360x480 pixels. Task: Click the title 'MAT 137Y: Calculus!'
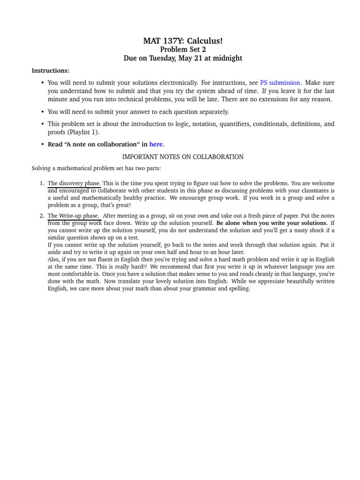point(183,41)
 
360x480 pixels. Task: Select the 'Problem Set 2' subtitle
point(183,50)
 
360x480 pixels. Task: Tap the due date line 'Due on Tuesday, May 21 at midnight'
point(183,59)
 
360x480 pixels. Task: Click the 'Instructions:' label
point(51,71)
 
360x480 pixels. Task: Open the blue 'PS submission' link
point(280,83)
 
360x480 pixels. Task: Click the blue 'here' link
point(156,144)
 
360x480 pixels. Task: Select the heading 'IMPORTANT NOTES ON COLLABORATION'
point(183,157)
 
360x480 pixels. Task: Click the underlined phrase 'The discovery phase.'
point(74,183)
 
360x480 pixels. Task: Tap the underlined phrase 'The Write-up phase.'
point(73,216)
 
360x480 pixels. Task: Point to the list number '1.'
point(42,183)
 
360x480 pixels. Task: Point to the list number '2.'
point(42,216)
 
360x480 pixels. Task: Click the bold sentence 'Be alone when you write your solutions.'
point(272,223)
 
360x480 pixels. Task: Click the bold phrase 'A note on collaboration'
point(104,144)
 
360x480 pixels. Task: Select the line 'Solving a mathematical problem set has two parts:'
point(96,168)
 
